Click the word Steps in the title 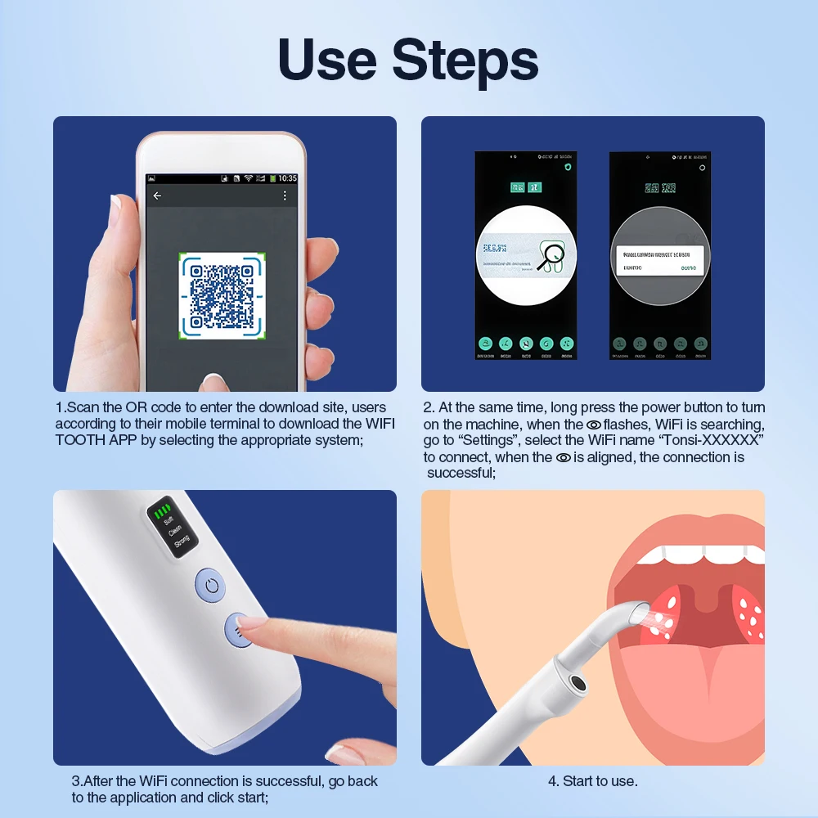[x=465, y=61]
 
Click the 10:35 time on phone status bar [x=287, y=178]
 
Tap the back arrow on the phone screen [x=157, y=196]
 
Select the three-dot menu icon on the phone [x=285, y=196]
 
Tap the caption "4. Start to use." [x=592, y=781]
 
